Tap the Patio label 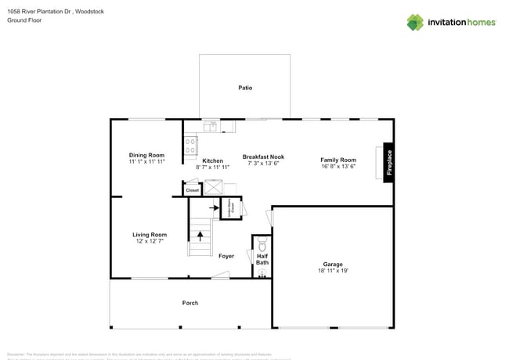pos(245,88)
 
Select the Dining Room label pos(146,155)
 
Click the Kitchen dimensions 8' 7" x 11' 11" pos(213,167)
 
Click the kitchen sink pos(210,125)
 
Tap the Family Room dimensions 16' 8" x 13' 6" pos(338,167)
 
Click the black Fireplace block pos(388,163)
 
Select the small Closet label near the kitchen pos(192,189)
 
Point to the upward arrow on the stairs pos(200,232)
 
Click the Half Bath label pos(262,259)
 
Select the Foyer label pos(226,256)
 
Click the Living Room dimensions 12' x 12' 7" pos(149,241)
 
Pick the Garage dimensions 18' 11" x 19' pos(334,271)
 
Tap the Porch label pos(190,302)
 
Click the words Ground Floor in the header pos(24,20)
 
